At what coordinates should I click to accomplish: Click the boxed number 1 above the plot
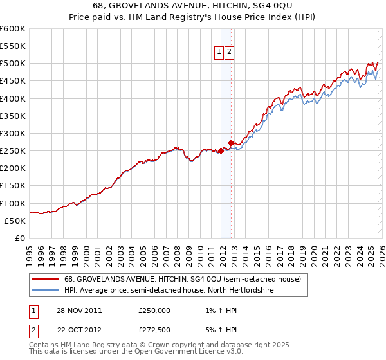coord(219,53)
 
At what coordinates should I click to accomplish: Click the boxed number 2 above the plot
coord(229,53)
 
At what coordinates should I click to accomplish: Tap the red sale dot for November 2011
coord(221,150)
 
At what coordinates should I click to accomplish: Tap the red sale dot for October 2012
coord(231,143)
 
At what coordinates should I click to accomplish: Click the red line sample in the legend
coord(45,279)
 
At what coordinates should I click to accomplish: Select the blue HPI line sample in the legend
coord(45,290)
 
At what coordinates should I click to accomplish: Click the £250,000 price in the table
coord(154,310)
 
